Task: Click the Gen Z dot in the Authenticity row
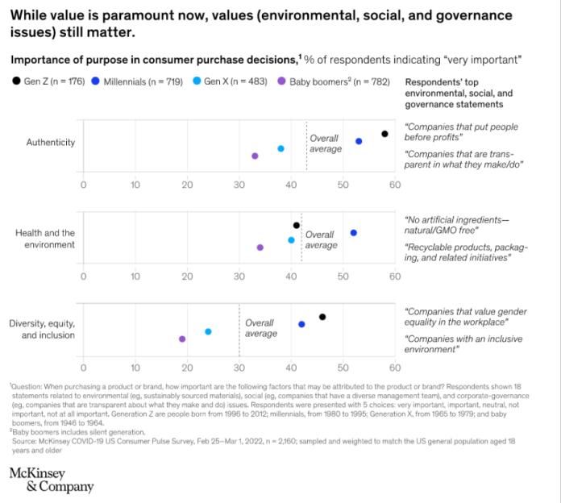click(x=384, y=134)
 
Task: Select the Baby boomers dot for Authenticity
click(x=255, y=156)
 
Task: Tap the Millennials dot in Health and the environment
click(x=353, y=232)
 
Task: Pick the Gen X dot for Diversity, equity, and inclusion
click(x=208, y=331)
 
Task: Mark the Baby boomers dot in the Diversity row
click(x=182, y=339)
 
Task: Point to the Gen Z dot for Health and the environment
click(x=297, y=225)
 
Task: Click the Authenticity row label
click(x=51, y=143)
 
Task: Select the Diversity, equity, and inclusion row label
click(x=42, y=329)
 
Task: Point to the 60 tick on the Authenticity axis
click(x=394, y=184)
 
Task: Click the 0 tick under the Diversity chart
click(x=83, y=368)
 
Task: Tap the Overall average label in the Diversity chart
click(x=260, y=328)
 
